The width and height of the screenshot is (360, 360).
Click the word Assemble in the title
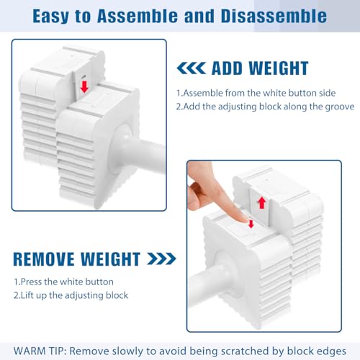pyautogui.click(x=138, y=17)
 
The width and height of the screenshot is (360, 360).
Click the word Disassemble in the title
pyautogui.click(x=274, y=17)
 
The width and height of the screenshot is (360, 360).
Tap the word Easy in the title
pyautogui.click(x=50, y=17)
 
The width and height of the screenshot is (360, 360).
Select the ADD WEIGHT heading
pyautogui.click(x=260, y=68)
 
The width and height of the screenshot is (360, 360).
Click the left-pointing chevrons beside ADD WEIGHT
pyautogui.click(x=192, y=68)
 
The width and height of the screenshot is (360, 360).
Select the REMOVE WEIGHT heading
pyautogui.click(x=77, y=259)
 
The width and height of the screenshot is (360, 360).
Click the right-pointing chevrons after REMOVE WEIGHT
pyautogui.click(x=162, y=258)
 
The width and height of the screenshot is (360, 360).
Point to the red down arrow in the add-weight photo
pyautogui.click(x=84, y=86)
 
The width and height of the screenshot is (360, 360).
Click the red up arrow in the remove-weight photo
pyautogui.click(x=262, y=203)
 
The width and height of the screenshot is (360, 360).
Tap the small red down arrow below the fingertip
pyautogui.click(x=251, y=224)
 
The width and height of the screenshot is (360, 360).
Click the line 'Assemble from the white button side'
pyautogui.click(x=256, y=93)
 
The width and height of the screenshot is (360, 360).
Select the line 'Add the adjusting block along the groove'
pyautogui.click(x=265, y=107)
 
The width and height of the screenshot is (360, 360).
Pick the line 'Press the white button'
pyautogui.click(x=63, y=282)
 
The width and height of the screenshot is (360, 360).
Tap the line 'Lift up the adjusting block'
pyautogui.click(x=71, y=295)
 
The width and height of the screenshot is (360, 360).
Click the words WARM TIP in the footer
pyautogui.click(x=40, y=351)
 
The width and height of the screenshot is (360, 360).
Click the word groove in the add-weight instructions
pyautogui.click(x=340, y=107)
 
